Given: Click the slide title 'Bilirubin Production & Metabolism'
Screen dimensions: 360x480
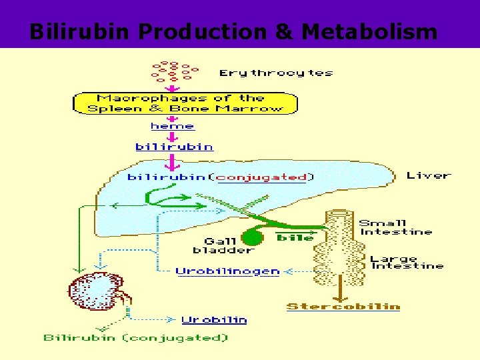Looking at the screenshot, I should click(x=233, y=31).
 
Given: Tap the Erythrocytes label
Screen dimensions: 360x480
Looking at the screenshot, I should click(x=276, y=73).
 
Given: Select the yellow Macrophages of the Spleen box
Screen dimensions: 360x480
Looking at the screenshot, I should click(x=185, y=103).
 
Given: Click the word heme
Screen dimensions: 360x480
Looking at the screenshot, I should click(x=173, y=126).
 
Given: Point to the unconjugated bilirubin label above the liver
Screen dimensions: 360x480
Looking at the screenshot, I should click(x=174, y=147).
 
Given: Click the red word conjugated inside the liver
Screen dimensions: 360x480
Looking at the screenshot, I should click(x=262, y=177).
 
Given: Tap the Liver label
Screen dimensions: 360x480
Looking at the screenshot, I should click(x=429, y=175).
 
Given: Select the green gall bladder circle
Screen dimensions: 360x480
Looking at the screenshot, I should click(x=251, y=237).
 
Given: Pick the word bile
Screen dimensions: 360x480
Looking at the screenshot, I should click(x=295, y=237).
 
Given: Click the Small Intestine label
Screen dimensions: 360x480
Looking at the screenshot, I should click(x=395, y=227).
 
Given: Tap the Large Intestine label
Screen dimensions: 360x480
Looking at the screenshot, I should click(x=407, y=262).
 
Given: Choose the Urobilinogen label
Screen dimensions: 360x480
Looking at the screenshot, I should click(x=227, y=271).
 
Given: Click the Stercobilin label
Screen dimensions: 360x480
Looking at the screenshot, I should click(x=343, y=307).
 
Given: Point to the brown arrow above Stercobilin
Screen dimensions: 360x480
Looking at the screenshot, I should click(x=341, y=287).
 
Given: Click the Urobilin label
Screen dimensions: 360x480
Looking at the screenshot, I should click(x=214, y=320).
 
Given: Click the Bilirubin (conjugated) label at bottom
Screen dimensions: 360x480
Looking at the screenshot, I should click(x=136, y=338).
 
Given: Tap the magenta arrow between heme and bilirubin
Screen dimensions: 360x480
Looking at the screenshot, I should click(x=173, y=136).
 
